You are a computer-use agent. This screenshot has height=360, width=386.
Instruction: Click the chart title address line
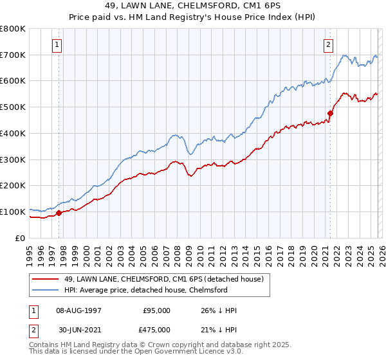click(192, 6)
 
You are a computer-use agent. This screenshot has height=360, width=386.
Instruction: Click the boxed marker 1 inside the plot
click(58, 44)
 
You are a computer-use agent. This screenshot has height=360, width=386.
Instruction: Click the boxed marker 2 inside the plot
click(329, 44)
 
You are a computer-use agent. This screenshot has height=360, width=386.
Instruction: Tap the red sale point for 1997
click(59, 213)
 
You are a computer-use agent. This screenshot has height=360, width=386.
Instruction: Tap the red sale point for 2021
click(330, 113)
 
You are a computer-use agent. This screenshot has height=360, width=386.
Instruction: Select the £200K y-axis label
click(13, 185)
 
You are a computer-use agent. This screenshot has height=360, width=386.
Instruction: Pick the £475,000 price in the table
click(156, 330)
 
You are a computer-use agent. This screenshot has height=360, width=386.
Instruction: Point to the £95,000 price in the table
click(156, 310)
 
